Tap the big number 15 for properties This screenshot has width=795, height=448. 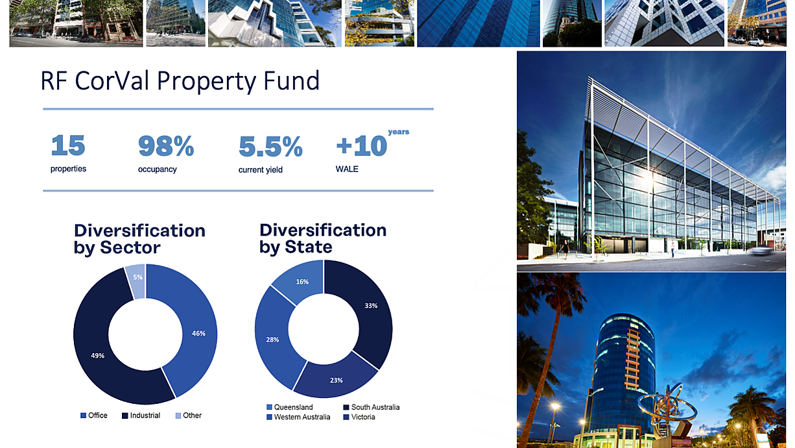[x=68, y=145]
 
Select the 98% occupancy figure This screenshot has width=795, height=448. [x=166, y=146]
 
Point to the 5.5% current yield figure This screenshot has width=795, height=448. [x=270, y=146]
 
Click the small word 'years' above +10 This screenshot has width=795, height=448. [x=399, y=132]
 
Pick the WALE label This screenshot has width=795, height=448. [x=347, y=169]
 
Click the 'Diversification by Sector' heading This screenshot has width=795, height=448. [x=139, y=239]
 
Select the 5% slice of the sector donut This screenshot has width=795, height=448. [x=137, y=280]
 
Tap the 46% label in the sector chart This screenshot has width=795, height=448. [x=198, y=333]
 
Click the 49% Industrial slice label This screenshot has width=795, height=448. [x=98, y=356]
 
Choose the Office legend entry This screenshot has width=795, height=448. [x=93, y=416]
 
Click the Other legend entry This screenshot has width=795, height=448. [x=189, y=416]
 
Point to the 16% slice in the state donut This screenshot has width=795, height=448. [x=301, y=280]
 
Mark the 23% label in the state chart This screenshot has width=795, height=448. [x=336, y=380]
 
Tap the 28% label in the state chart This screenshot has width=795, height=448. [x=272, y=340]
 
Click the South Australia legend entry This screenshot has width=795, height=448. [x=371, y=407]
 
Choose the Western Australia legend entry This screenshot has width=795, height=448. [x=298, y=417]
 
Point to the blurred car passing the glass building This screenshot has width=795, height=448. [x=761, y=250]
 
